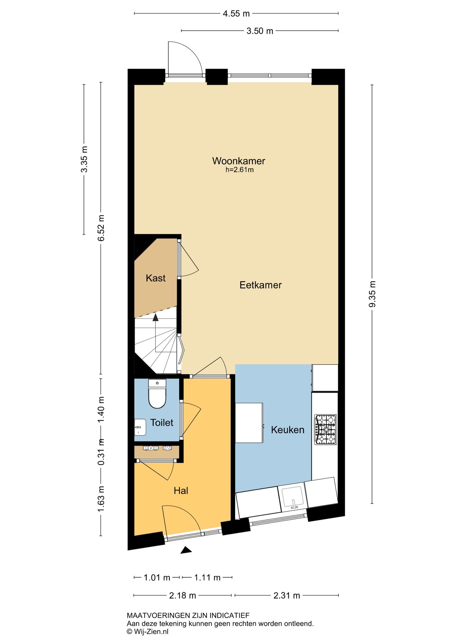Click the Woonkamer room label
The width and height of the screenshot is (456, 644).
click(x=238, y=161)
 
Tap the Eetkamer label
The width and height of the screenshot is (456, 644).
click(x=260, y=285)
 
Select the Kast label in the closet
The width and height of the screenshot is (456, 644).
click(x=155, y=278)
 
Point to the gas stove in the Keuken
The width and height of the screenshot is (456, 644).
click(x=325, y=429)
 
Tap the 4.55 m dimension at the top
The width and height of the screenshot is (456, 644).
click(x=236, y=14)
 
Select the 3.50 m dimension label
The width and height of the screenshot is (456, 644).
click(x=260, y=31)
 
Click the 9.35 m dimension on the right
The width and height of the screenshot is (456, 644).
click(x=372, y=294)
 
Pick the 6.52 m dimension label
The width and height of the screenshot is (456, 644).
click(x=101, y=228)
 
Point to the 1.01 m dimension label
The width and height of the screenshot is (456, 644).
click(x=157, y=578)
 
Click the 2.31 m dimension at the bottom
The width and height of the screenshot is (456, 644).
click(x=287, y=596)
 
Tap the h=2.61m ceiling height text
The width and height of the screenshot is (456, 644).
click(x=239, y=170)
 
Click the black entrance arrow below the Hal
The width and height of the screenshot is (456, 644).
click(x=186, y=550)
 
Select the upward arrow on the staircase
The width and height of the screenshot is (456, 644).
click(x=155, y=317)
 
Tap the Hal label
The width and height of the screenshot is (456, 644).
click(x=181, y=491)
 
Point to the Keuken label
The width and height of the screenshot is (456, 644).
click(x=288, y=430)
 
